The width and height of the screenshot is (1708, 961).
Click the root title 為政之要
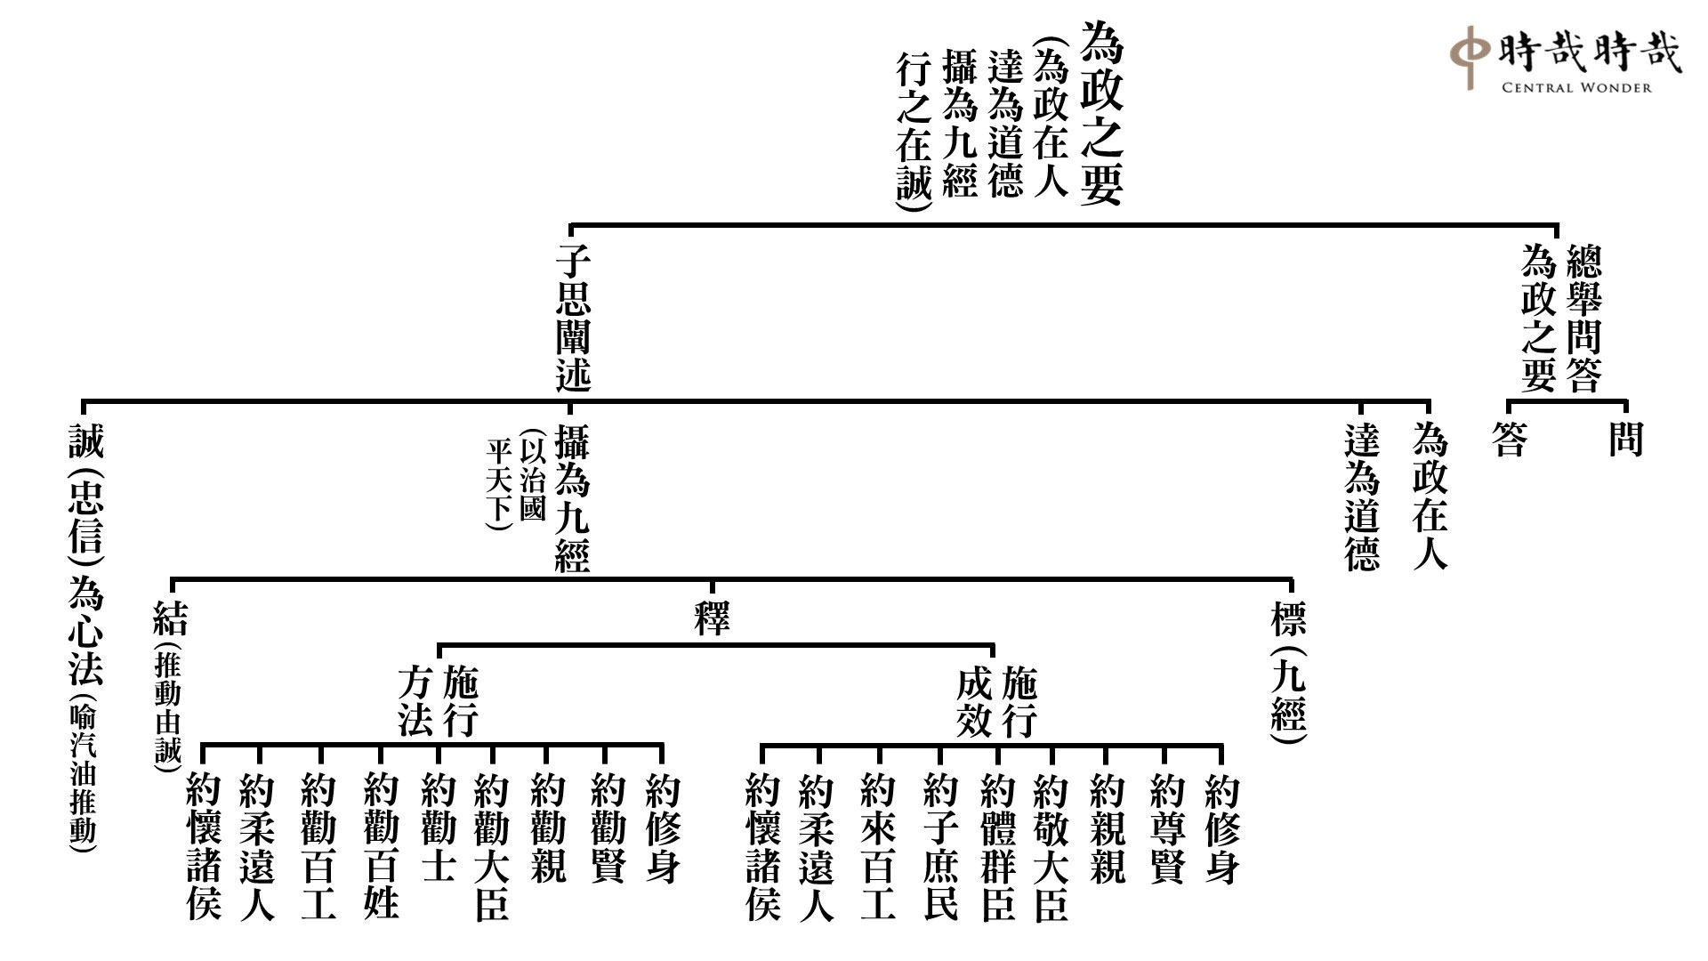click(1101, 114)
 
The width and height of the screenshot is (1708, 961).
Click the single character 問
click(1625, 440)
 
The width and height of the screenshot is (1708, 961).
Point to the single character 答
click(1510, 440)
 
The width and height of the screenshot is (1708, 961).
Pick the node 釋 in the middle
click(712, 617)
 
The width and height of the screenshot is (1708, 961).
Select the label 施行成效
click(996, 704)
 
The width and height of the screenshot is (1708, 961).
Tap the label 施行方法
click(438, 704)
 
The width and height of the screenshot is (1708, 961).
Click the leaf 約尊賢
click(1166, 828)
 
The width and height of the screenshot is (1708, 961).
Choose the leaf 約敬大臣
click(1051, 846)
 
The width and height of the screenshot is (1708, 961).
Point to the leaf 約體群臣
click(997, 846)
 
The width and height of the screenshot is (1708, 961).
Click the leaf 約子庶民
click(939, 846)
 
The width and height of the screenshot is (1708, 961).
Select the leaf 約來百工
click(878, 846)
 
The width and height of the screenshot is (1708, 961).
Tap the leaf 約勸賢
click(608, 828)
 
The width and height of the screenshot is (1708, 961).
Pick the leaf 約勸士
click(438, 828)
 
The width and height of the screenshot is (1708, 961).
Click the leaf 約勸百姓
click(381, 846)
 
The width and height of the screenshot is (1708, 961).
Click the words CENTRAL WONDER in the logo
click(1576, 87)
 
